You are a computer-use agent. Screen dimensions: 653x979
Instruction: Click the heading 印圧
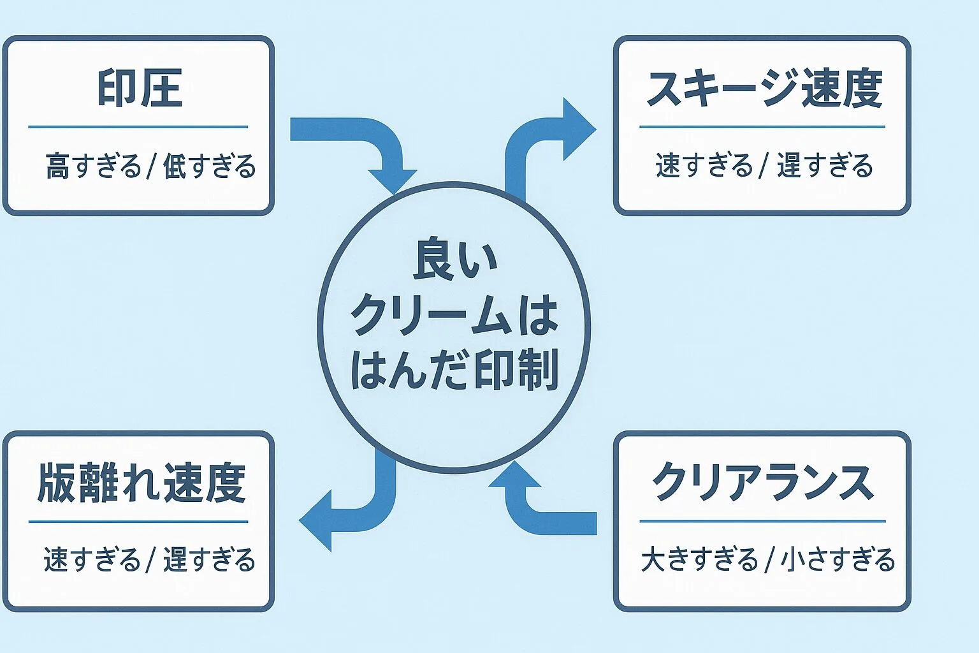pos(140,88)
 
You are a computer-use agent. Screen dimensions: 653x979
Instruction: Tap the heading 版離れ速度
pos(141,483)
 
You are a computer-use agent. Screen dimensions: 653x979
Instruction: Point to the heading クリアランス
pos(762,483)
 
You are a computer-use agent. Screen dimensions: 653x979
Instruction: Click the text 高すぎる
pos(93,166)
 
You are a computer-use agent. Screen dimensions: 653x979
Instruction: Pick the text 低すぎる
pos(209,166)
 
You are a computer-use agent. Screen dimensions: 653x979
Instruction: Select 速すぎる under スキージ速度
pos(704,166)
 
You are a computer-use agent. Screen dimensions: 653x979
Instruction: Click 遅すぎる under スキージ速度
pos(824,166)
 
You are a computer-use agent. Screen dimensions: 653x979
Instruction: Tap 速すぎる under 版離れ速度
pos(92,560)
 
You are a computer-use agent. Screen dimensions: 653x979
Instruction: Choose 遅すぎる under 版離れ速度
pos(209,560)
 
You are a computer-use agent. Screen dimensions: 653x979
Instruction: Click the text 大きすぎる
pos(699,560)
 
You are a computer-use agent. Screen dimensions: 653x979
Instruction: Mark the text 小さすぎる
pos(838,560)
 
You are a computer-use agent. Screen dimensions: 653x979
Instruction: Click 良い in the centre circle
pos(454,260)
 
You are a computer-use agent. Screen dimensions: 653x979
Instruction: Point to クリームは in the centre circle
pos(454,315)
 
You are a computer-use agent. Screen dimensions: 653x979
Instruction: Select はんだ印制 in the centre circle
pos(454,370)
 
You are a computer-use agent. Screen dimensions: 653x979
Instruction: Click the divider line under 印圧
pos(138,127)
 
